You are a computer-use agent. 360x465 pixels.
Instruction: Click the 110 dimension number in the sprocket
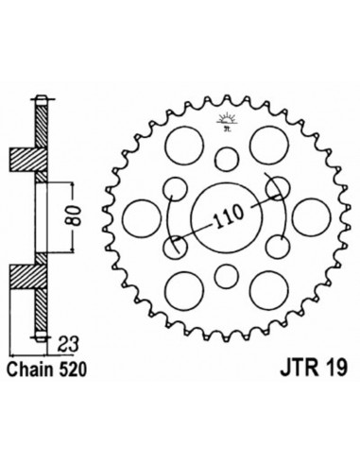229,216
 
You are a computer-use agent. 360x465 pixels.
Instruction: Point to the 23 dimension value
68,346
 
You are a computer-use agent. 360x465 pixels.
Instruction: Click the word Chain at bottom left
30,370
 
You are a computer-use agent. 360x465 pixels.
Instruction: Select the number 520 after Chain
71,370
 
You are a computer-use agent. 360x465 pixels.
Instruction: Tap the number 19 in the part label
337,369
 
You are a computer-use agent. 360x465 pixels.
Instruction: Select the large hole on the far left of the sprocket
142,218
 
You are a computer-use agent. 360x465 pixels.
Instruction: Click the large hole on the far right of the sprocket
312,217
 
